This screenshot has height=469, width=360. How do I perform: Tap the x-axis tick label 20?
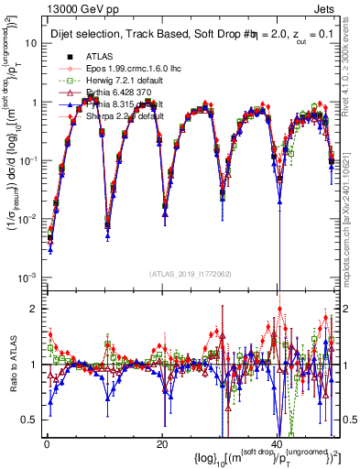[162, 444]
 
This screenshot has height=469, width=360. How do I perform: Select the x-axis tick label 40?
[277, 444]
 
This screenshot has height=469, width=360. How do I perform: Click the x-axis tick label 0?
[47, 444]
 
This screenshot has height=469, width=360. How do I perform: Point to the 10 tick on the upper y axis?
[29, 44]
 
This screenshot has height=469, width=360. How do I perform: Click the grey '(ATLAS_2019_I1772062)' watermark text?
[188, 274]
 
